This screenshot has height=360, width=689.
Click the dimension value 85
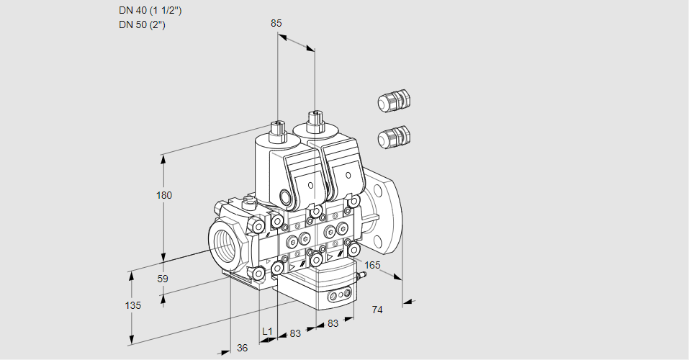click(276, 23)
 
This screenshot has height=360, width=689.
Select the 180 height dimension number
click(165, 195)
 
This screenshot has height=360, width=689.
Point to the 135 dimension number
click(132, 305)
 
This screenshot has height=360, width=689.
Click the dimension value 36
click(243, 348)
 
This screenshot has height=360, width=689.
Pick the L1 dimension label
click(266, 331)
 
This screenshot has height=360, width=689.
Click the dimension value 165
click(372, 266)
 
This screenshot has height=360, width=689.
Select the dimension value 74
click(377, 310)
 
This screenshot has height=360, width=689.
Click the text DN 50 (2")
click(143, 25)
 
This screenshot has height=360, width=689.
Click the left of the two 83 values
click(294, 333)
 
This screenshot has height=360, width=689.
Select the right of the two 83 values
click(333, 324)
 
